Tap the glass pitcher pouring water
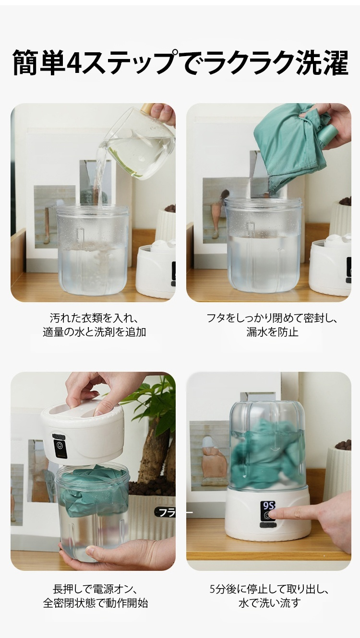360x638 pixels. pyautogui.click(x=138, y=144)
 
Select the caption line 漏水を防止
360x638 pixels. pyautogui.click(x=272, y=332)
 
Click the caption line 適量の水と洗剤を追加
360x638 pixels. pyautogui.click(x=95, y=332)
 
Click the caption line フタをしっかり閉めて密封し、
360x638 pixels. pyautogui.click(x=272, y=318)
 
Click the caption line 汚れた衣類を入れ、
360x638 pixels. pyautogui.click(x=95, y=318)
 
